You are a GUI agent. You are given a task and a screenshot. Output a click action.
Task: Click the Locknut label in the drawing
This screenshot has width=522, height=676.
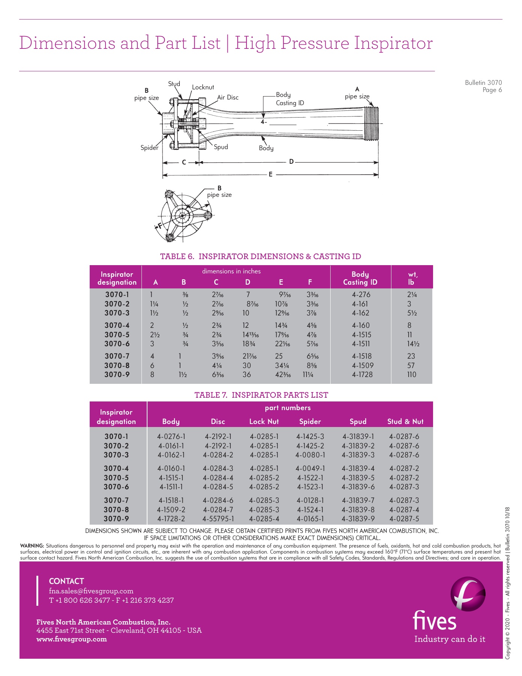tap(203, 87)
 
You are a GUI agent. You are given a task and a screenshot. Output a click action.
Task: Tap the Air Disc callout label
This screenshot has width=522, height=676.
tap(228, 97)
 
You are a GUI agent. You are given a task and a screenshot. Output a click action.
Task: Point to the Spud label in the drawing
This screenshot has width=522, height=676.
tap(221, 147)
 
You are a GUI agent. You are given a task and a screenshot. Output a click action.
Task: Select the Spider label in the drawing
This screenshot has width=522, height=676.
tap(149, 148)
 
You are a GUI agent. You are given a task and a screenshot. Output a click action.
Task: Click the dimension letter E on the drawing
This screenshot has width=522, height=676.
tap(271, 174)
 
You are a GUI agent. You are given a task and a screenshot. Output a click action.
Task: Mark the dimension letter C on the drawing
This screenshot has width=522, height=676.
tap(184, 162)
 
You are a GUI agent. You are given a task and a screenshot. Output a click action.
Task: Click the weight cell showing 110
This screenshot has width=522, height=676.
tap(411, 374)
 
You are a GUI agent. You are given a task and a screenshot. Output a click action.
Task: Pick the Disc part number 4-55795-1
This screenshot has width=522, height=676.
tap(218, 519)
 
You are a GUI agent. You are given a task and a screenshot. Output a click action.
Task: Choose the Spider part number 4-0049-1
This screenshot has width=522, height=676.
tap(310, 468)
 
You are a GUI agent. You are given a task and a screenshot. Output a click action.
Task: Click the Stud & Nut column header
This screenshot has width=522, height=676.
tap(405, 421)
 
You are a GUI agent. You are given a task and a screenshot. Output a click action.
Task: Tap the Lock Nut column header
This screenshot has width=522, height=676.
tap(264, 421)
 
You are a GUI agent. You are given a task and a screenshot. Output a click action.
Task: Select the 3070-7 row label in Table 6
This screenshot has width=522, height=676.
tap(117, 356)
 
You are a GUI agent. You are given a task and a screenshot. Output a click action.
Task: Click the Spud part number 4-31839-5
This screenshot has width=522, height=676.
tap(358, 478)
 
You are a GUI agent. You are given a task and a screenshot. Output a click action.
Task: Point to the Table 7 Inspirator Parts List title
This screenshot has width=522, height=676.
tap(261, 395)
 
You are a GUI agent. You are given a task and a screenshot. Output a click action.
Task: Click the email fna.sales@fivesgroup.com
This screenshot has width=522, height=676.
tap(91, 591)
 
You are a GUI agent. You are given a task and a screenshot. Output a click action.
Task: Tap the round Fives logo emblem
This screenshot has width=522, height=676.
tap(468, 594)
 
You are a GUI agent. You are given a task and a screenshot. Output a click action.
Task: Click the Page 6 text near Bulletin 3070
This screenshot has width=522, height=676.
tap(492, 90)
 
